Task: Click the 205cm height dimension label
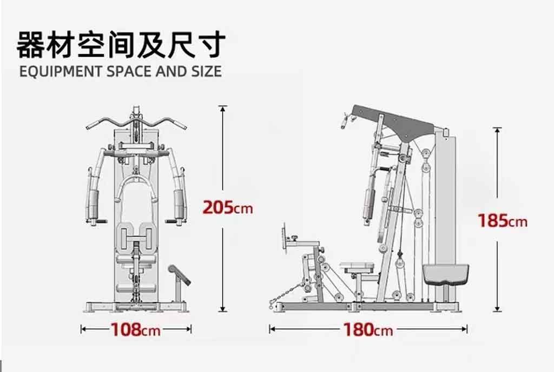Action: coord(228,207)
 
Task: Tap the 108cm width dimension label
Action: coord(136,330)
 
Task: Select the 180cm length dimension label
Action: coord(368,330)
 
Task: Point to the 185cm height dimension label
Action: coord(503,221)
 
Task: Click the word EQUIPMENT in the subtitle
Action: coord(61,71)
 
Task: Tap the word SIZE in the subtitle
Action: coord(207,71)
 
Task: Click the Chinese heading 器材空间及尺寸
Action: coord(121,45)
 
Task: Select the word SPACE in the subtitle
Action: coord(129,71)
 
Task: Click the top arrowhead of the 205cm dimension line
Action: coord(222,108)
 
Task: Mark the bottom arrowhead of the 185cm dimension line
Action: coord(498,309)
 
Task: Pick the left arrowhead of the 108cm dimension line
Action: coord(83,329)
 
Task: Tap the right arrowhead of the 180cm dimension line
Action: coord(465,329)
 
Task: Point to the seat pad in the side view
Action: coord(357,266)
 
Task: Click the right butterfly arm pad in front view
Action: coord(179,205)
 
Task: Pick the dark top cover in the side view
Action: coord(394,122)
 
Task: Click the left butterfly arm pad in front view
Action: coord(93,205)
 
